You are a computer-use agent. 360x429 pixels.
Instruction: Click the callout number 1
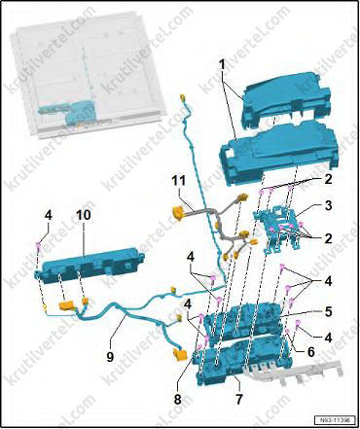tap(222, 65)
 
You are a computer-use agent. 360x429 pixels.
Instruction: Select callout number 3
tap(328, 205)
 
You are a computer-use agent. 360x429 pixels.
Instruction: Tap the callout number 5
tap(328, 312)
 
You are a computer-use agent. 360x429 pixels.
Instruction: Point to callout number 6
tap(310, 351)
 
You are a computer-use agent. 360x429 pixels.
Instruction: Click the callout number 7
tap(239, 399)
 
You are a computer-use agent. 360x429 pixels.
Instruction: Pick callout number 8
tap(177, 399)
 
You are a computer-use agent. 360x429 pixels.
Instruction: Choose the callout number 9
tap(110, 357)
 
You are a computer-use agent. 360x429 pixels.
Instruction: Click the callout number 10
tap(83, 215)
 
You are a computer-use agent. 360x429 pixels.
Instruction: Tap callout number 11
tap(178, 181)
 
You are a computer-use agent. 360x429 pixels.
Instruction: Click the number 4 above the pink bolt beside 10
tap(48, 216)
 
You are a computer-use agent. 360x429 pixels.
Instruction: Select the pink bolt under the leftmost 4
tap(38, 246)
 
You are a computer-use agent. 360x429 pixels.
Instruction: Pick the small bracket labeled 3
tap(278, 229)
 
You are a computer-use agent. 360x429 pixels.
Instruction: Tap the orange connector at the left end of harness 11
tap(179, 213)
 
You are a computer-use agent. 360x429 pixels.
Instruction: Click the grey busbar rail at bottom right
tap(295, 372)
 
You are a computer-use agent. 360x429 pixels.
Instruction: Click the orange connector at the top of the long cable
tap(182, 97)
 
